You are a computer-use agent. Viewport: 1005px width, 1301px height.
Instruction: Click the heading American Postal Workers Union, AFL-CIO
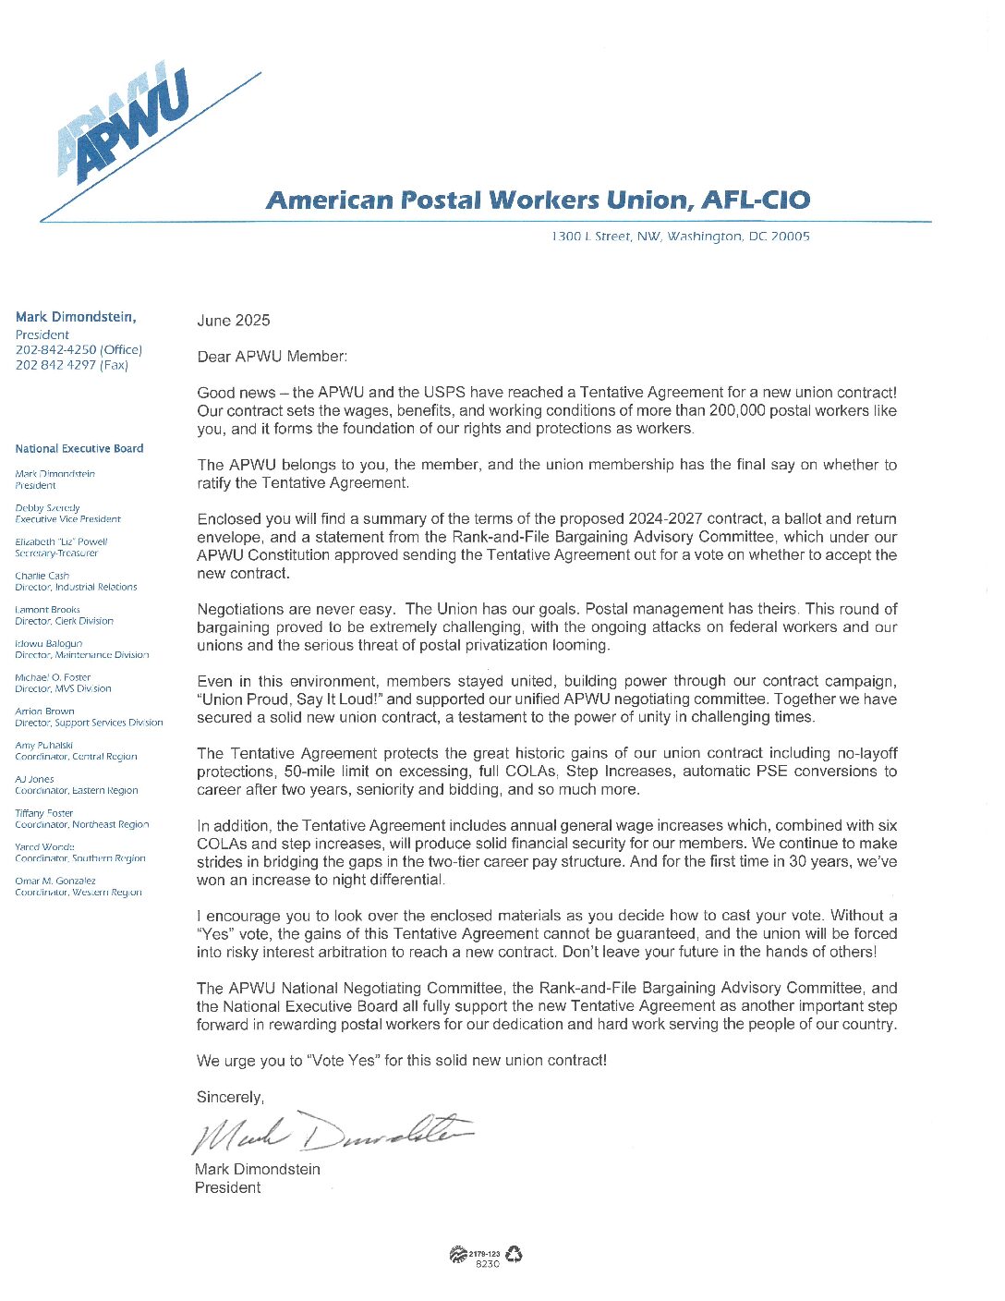(x=538, y=201)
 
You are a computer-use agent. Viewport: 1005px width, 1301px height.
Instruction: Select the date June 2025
(x=234, y=321)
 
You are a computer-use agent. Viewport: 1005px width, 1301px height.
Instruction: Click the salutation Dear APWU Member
(x=272, y=357)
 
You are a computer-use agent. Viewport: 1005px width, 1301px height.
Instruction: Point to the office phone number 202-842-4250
(x=56, y=350)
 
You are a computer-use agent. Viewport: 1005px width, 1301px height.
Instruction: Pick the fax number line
(x=71, y=365)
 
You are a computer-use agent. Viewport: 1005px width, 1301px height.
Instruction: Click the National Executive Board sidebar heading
(x=79, y=449)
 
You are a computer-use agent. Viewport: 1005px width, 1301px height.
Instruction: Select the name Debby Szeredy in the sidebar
(x=47, y=508)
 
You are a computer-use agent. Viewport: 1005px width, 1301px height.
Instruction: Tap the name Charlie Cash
(x=42, y=576)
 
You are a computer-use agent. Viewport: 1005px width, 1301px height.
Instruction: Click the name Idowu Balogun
(x=49, y=643)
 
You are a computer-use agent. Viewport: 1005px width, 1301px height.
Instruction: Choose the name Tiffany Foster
(x=43, y=813)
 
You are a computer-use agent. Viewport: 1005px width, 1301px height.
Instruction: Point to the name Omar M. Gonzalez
(x=55, y=881)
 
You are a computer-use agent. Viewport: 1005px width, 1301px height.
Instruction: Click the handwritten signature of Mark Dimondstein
(x=333, y=1133)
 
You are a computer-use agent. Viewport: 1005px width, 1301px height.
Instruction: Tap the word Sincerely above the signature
(x=230, y=1098)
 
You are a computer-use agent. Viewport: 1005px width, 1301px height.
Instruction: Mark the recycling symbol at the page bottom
(x=514, y=1254)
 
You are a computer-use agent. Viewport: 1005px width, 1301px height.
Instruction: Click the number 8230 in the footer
(x=487, y=1264)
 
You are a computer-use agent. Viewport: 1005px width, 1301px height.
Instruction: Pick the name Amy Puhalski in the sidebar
(x=43, y=745)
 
